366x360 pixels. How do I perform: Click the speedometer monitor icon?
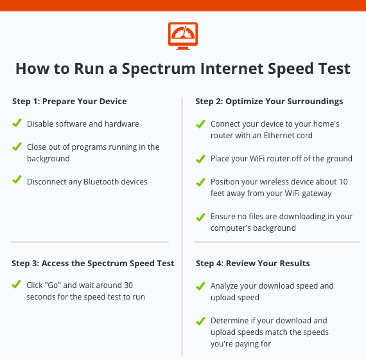pos(183,36)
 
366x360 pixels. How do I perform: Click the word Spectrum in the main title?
pos(159,69)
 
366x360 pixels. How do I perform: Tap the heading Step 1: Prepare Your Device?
pos(69,101)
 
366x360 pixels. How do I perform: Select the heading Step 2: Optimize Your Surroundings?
pos(269,102)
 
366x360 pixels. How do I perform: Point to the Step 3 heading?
pos(93,263)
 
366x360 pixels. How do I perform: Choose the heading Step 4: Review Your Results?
pos(253,263)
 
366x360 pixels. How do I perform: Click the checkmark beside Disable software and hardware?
pos(17,123)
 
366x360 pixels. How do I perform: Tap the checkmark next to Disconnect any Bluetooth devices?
pos(17,179)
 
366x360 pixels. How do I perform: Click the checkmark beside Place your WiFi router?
pos(201,159)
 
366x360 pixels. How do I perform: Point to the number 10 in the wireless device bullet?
pos(344,182)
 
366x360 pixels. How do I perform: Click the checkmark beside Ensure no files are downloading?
pos(201,217)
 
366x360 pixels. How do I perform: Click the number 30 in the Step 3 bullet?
pos(128,285)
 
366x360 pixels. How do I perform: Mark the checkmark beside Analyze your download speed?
pos(201,286)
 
